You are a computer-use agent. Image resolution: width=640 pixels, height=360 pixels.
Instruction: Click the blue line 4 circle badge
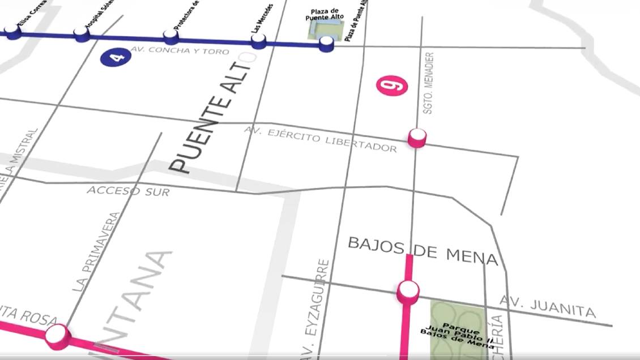pos(111,57)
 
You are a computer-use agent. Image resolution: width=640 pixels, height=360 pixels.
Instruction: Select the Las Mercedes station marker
pos(258,41)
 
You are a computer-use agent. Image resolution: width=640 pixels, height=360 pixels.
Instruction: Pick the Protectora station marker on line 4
pos(171,37)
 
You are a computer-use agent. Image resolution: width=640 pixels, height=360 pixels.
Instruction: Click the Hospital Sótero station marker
pos(82,34)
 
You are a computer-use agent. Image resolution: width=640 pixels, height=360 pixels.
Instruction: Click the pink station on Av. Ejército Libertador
pos(417,137)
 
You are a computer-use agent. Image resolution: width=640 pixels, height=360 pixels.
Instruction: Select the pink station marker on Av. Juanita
pos(408,291)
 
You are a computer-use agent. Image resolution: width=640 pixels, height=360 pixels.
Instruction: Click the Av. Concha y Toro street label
pos(180,52)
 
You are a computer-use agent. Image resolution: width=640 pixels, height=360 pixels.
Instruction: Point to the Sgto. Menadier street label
pos(429,83)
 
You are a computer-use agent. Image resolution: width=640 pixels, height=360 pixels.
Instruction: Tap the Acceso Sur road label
pos(128,191)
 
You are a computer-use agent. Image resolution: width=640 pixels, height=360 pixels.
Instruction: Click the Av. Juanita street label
pos(548,306)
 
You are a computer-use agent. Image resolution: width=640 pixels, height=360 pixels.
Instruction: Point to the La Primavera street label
pos(97,252)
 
